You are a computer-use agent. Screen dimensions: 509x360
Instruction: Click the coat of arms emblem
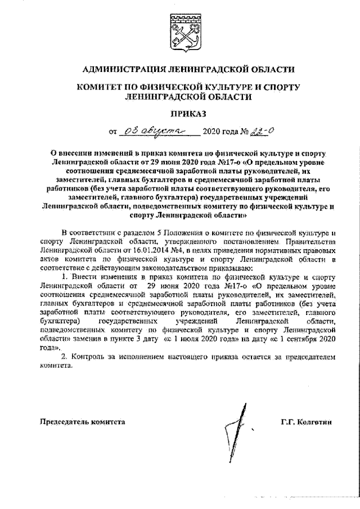(181, 30)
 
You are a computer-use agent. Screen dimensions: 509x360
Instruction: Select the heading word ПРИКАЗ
(181, 114)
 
